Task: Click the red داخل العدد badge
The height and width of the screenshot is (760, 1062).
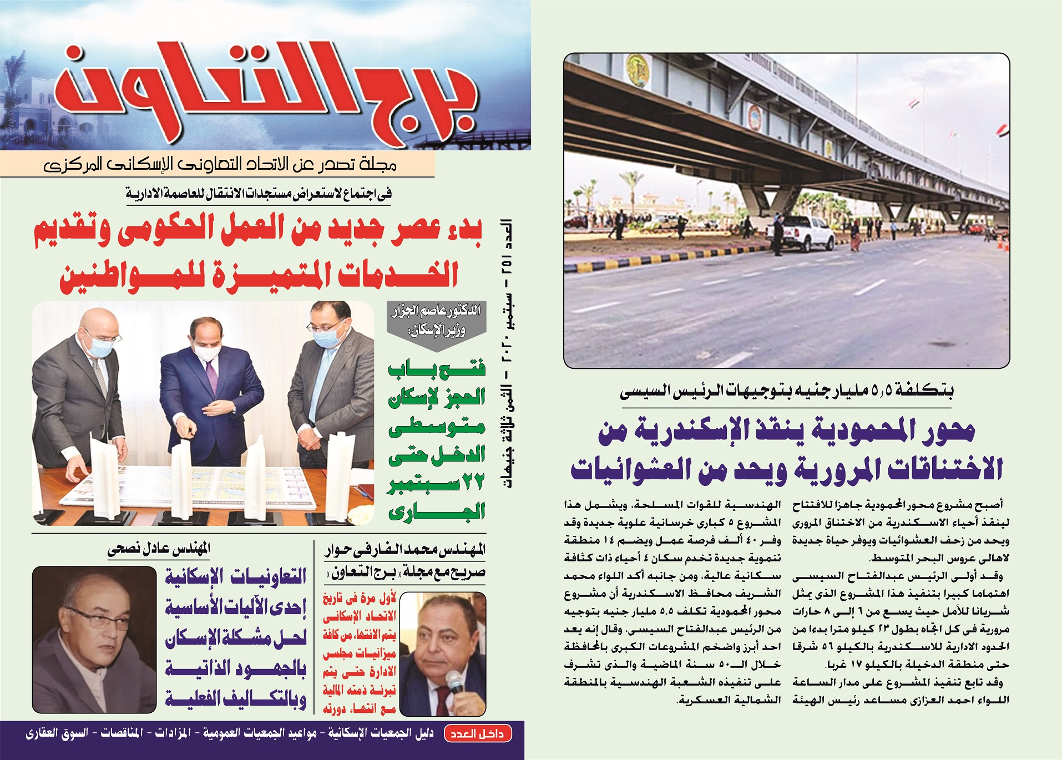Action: coord(477,734)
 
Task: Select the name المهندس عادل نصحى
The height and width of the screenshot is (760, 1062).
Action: coord(159,549)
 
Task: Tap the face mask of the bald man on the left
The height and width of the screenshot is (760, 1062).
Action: coord(101,347)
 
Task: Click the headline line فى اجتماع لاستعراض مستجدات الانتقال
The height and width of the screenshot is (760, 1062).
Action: coord(259,194)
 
